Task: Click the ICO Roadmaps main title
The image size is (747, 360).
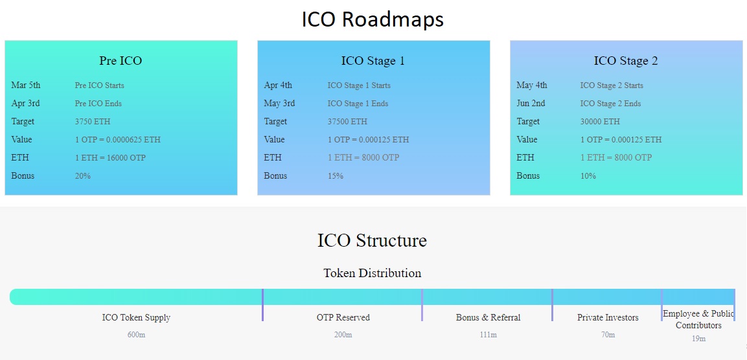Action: [x=373, y=19]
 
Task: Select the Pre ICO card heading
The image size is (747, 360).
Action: [x=121, y=61]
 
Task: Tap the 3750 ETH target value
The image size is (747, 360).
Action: [x=93, y=122]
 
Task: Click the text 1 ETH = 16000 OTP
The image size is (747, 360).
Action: [x=110, y=157]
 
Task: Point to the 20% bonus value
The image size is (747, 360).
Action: [x=82, y=175]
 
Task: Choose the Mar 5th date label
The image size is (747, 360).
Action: [x=26, y=85]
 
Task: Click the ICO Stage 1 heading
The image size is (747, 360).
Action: [x=373, y=61]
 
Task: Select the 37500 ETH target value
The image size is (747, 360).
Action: [x=347, y=122]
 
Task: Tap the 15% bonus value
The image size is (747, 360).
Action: [x=336, y=175]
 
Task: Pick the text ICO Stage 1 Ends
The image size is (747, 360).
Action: [x=358, y=104]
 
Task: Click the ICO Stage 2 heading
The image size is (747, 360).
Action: [x=626, y=61]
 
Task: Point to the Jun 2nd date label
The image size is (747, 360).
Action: [x=531, y=104]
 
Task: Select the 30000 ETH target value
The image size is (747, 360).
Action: [x=600, y=122]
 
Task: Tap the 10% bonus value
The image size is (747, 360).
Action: [x=588, y=175]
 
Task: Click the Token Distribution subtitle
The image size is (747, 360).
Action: [x=373, y=273]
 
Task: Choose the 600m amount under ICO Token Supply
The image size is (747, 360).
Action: [x=136, y=335]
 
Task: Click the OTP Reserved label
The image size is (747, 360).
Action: [x=343, y=318]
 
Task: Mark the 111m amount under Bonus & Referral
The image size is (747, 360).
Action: [x=488, y=335]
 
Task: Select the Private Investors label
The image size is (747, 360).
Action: [x=608, y=318]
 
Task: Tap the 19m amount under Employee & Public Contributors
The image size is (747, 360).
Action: [x=699, y=339]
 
